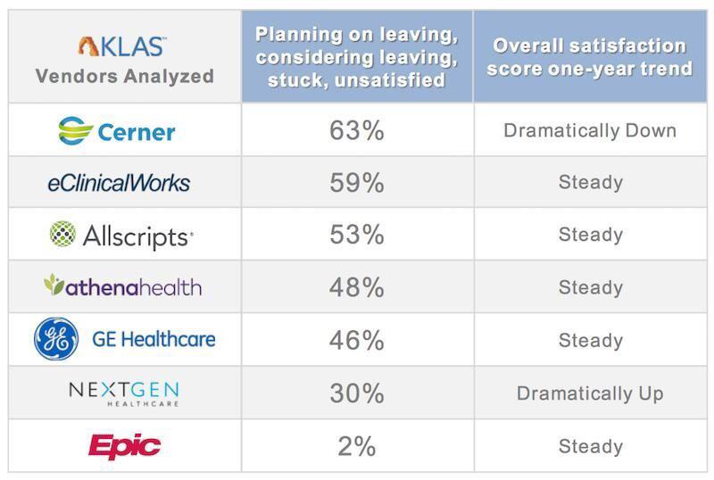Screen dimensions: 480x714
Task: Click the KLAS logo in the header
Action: click(122, 46)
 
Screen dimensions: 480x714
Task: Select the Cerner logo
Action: click(116, 131)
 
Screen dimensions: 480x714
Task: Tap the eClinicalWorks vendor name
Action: click(119, 183)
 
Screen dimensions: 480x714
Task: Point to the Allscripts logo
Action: click(121, 236)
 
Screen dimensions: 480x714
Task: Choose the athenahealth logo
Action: click(122, 287)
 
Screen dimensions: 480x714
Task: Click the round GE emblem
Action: click(57, 340)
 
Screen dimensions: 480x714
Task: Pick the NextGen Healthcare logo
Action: click(123, 393)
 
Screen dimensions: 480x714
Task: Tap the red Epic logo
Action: click(123, 445)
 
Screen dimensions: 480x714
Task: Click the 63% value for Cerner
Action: click(356, 131)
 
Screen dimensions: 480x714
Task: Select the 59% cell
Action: click(356, 183)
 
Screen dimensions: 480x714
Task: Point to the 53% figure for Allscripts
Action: click(356, 236)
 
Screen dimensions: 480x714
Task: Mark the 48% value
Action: click(356, 287)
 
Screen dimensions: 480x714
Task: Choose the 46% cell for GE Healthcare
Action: click(356, 340)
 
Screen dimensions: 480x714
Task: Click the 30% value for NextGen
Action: click(356, 393)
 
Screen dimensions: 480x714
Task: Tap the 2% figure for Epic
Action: click(356, 445)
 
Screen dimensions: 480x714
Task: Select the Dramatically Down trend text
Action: click(590, 131)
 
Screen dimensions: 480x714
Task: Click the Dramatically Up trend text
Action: click(590, 393)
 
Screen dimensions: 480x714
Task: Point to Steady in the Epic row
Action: click(590, 445)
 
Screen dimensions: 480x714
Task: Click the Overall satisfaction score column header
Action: click(590, 56)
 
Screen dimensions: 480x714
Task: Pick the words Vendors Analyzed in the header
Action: click(124, 76)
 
